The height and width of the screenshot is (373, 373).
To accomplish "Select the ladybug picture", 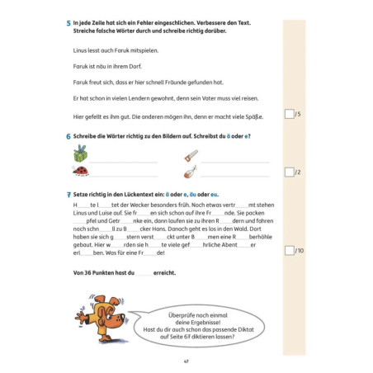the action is (x=80, y=172).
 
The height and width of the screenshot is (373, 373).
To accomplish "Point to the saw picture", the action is (x=190, y=154).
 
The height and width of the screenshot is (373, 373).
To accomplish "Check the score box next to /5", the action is (x=288, y=114).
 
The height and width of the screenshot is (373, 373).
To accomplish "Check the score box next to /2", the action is (x=288, y=172).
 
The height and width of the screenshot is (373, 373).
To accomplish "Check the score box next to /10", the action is (x=288, y=249).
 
